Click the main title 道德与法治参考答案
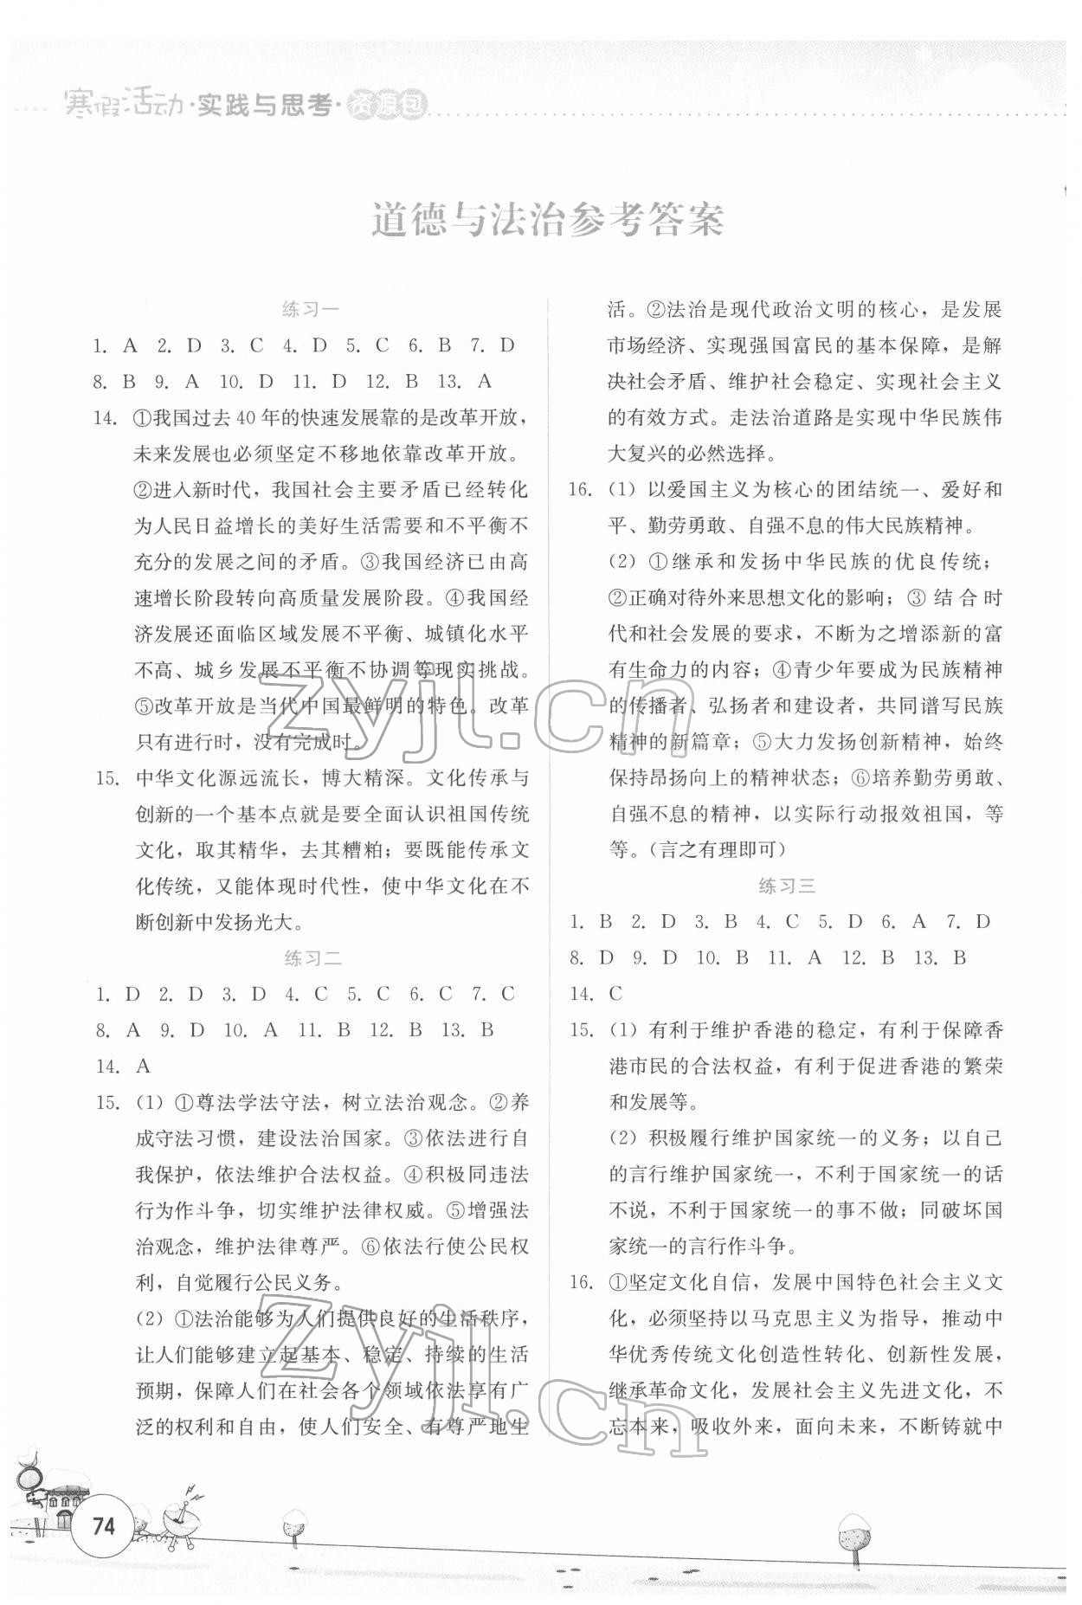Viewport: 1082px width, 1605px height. [x=547, y=222]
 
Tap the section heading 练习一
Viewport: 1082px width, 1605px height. [x=312, y=308]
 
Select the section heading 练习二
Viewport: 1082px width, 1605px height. [x=312, y=957]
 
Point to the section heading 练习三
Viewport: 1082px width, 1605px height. [x=787, y=886]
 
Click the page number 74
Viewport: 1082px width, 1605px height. [x=103, y=1524]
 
